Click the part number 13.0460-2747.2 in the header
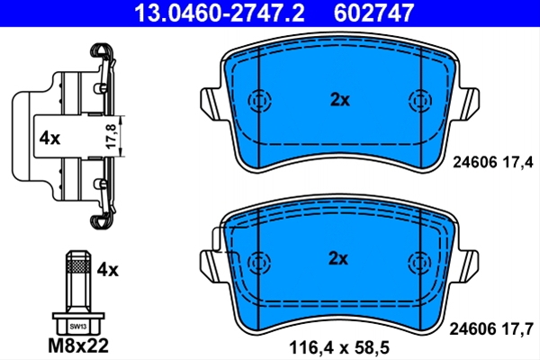pyautogui.click(x=219, y=13)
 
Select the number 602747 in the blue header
pyautogui.click(x=373, y=13)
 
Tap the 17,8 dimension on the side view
pyautogui.click(x=112, y=136)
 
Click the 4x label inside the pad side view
pyautogui.click(x=49, y=139)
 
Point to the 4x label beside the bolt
pyautogui.click(x=107, y=269)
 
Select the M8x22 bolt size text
pyautogui.click(x=78, y=346)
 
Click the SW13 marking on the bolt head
pyautogui.click(x=77, y=326)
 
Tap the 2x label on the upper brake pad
pyautogui.click(x=340, y=100)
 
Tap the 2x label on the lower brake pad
pyautogui.click(x=338, y=258)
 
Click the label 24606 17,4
pyautogui.click(x=493, y=162)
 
